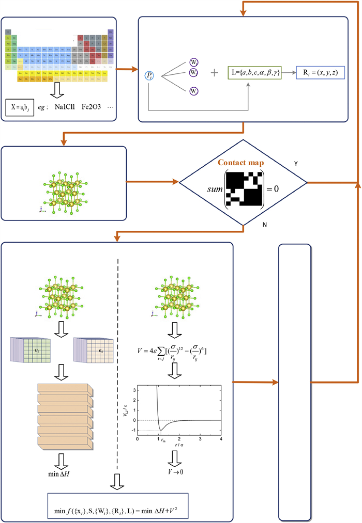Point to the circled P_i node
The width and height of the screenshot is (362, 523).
tap(149, 76)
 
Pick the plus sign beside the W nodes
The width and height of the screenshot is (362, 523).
tap(214, 73)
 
